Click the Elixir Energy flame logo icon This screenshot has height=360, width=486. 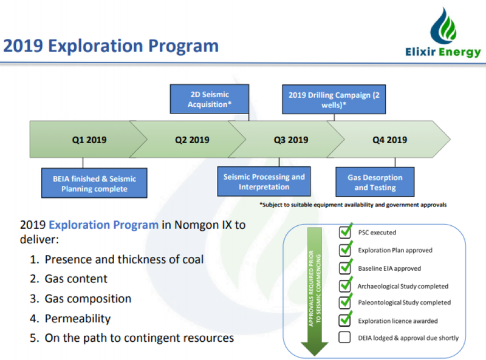click(443, 26)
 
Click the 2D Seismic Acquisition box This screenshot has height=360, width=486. click(210, 99)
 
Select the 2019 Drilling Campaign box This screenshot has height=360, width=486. click(334, 100)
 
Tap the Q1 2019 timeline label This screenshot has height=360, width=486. click(89, 140)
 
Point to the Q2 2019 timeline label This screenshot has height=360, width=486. click(192, 140)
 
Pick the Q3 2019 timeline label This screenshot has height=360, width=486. click(291, 140)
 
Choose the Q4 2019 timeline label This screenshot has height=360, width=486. click(389, 140)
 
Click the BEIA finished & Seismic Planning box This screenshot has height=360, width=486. click(94, 183)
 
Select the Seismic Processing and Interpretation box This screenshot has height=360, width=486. click(264, 182)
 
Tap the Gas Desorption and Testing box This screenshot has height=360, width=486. click(375, 182)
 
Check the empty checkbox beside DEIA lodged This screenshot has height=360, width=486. click(344, 337)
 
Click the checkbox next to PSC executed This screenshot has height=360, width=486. click(345, 231)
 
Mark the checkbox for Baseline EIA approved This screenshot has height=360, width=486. click(345, 267)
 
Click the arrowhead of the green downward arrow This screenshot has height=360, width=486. click(315, 349)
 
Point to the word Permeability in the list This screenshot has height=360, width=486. click(78, 319)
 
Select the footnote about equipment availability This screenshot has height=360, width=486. click(353, 205)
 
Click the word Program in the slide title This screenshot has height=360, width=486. click(183, 46)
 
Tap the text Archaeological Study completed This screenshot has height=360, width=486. click(403, 287)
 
